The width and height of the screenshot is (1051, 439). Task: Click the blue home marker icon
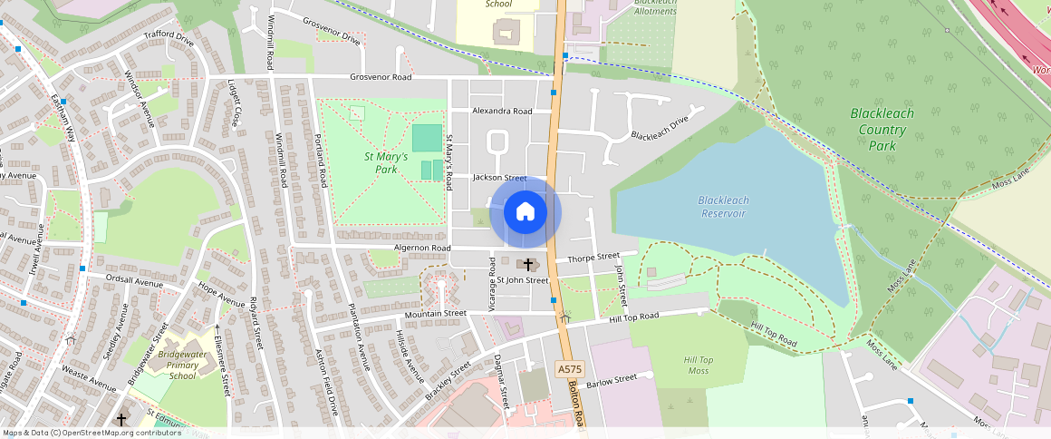[x=525, y=212]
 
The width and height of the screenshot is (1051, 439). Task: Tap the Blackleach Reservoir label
[x=722, y=207]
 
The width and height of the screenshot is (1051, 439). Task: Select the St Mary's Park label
[x=386, y=162]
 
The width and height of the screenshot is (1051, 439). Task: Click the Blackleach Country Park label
[x=882, y=129]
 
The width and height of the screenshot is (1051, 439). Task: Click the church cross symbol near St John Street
[x=528, y=264]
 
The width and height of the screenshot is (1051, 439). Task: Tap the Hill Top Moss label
[x=698, y=366]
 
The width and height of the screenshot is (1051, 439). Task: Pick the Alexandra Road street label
[x=502, y=112]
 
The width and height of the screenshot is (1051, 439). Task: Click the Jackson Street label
[x=499, y=179]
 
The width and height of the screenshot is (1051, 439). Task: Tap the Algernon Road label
[x=421, y=248]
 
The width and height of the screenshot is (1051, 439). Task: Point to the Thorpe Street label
[x=593, y=258]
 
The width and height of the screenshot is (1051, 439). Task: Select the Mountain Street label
[x=435, y=314]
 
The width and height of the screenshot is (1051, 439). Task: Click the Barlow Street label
[x=612, y=382]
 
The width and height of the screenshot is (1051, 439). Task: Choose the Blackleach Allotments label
[x=654, y=7]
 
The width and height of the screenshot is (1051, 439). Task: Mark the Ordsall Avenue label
[x=134, y=280]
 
